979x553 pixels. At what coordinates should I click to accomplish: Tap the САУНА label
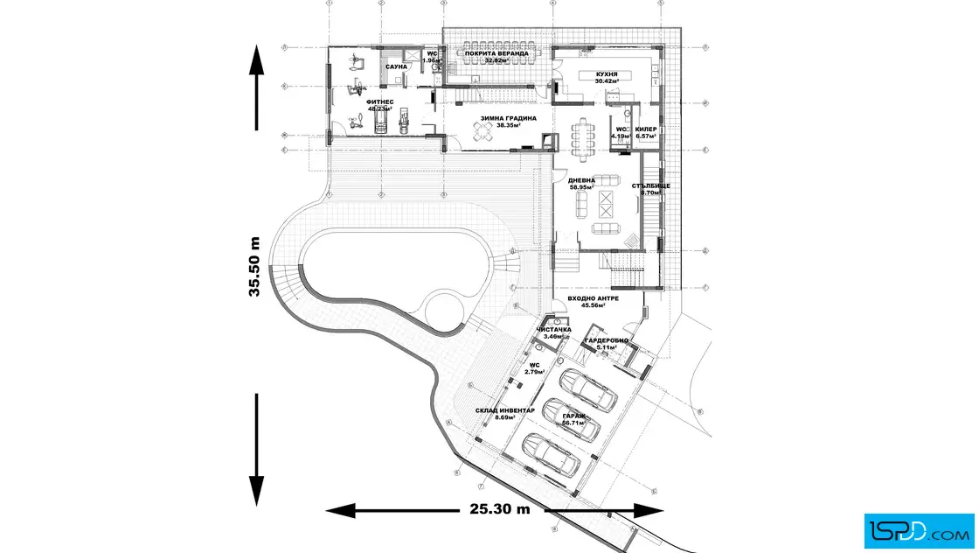pos(398,66)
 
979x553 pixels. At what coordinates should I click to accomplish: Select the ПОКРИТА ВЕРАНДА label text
pos(496,53)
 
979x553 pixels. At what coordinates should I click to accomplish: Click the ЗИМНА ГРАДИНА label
pos(508,118)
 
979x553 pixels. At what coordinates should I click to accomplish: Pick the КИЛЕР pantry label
pos(646,129)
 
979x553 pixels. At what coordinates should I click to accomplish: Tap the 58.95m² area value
pos(581,187)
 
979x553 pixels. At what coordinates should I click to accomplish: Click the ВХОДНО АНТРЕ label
pos(593,298)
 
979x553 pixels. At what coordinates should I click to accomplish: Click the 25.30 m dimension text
pos(498,508)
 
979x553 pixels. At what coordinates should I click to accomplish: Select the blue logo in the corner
pos(919,528)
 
